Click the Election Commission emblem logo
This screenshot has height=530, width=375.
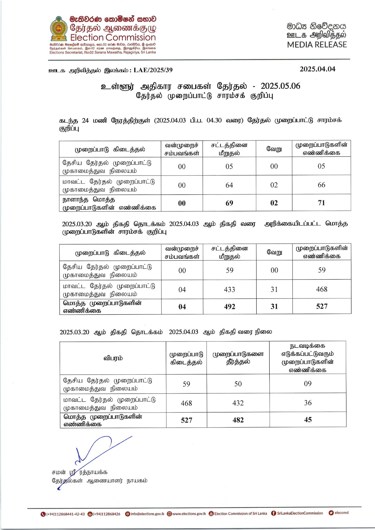59,28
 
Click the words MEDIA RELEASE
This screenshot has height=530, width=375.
317,45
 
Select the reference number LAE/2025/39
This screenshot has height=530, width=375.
153,70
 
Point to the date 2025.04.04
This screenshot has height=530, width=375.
317,69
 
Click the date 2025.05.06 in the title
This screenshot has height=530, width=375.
280,86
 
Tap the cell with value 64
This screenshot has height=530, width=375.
229,185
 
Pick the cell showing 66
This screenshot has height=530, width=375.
321,185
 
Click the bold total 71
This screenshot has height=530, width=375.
321,203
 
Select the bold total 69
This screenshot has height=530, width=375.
229,203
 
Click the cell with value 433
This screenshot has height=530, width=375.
229,290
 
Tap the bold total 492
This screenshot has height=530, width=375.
229,307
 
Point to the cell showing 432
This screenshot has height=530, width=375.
238,403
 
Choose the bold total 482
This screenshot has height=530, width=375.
238,420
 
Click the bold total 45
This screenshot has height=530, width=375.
308,420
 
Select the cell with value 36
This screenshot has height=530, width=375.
308,403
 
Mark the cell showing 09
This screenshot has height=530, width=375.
308,384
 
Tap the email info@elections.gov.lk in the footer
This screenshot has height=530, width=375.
147,514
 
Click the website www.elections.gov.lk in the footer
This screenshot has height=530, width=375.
189,514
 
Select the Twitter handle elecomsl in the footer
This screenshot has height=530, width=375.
341,513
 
